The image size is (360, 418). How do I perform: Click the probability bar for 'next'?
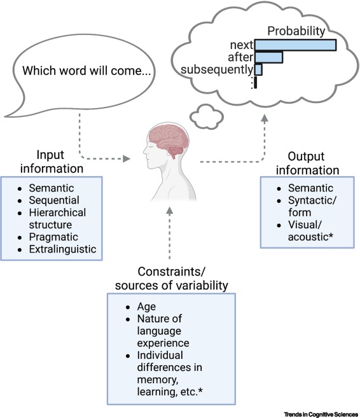pyautogui.click(x=295, y=45)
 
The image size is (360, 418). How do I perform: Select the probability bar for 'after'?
pyautogui.click(x=268, y=57)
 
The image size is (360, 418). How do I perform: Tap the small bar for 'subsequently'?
pyautogui.click(x=258, y=69)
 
